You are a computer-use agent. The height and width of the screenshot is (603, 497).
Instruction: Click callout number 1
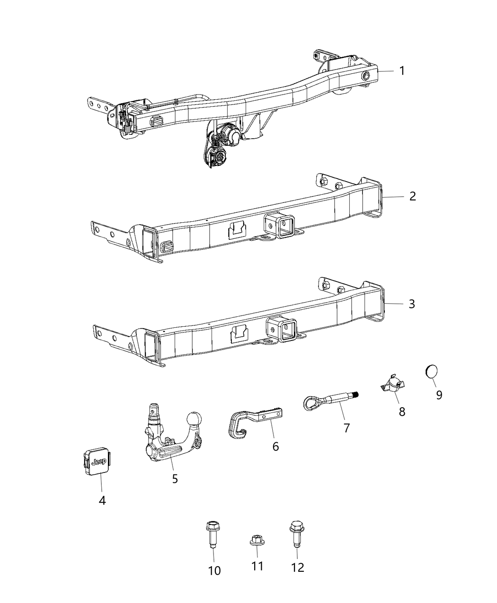pyautogui.click(x=402, y=71)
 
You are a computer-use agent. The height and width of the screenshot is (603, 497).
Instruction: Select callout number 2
pyautogui.click(x=412, y=196)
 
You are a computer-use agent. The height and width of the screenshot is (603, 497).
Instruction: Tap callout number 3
pyautogui.click(x=411, y=304)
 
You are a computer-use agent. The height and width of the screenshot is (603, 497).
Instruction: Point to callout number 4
pyautogui.click(x=102, y=500)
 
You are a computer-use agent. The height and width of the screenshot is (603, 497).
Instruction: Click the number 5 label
pyautogui.click(x=175, y=479)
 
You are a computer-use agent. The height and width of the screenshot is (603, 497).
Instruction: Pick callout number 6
pyautogui.click(x=275, y=446)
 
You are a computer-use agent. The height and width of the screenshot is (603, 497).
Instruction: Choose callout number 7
pyautogui.click(x=346, y=428)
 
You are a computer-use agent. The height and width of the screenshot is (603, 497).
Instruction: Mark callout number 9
pyautogui.click(x=439, y=395)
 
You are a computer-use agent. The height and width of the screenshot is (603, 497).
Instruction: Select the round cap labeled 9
pyautogui.click(x=431, y=372)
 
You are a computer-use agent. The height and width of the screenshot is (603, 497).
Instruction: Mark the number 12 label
pyautogui.click(x=298, y=567)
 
